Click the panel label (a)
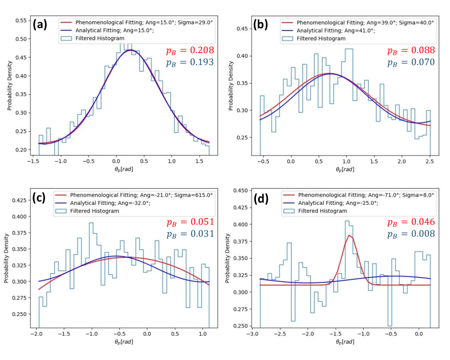pos(43,24)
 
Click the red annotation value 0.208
pos(198,50)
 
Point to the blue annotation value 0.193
pos(198,62)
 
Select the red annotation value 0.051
pos(198,222)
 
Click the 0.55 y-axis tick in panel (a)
pos(20,21)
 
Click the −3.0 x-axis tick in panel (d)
pos(252,333)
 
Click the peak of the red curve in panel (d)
pos(350,235)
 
